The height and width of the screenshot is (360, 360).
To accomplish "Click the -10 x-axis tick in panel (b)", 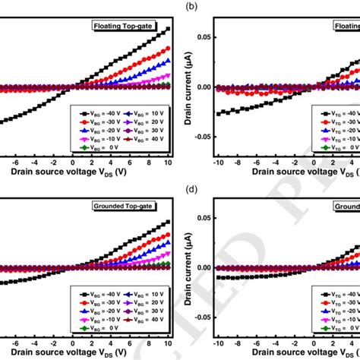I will pos(218,162).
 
